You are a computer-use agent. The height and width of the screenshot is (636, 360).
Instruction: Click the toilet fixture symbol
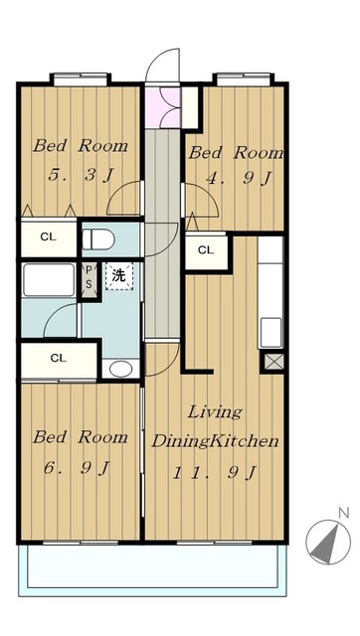click(98, 239)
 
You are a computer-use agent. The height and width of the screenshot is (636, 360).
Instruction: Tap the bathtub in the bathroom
click(49, 280)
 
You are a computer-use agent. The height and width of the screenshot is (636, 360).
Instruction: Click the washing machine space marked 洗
click(119, 276)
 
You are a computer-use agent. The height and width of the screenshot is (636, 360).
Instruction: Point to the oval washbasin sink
click(120, 369)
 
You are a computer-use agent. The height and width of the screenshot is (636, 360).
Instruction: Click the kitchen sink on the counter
click(270, 333)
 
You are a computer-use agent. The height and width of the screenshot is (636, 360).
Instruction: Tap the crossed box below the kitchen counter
click(272, 362)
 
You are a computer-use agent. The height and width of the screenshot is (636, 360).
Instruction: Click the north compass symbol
click(328, 542)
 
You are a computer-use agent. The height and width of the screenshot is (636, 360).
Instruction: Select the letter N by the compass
click(344, 513)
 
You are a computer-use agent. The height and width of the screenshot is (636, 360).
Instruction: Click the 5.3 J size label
click(81, 176)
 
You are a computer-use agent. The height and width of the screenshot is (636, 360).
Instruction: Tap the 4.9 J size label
click(239, 179)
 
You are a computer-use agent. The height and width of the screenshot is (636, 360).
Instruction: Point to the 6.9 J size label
click(78, 468)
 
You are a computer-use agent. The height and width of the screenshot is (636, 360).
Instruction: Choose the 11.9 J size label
click(215, 473)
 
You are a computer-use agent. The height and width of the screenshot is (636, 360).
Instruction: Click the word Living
click(215, 412)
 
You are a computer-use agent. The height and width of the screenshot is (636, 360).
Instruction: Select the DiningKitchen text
click(215, 441)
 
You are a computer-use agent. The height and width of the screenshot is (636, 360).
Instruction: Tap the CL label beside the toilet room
click(49, 238)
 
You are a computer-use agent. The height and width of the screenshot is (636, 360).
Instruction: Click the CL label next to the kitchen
click(206, 250)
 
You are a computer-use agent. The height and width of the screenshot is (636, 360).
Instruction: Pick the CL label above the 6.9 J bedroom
click(59, 358)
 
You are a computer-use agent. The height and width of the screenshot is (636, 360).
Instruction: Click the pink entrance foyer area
click(162, 107)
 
